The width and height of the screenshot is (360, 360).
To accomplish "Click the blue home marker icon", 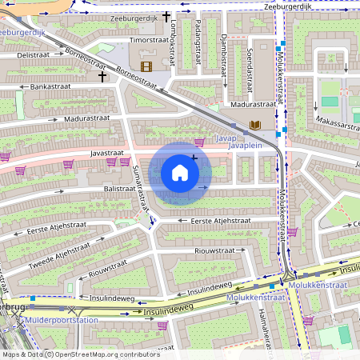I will pyautogui.click(x=180, y=173).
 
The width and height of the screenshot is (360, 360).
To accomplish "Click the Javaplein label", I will pyautogui.click(x=244, y=146).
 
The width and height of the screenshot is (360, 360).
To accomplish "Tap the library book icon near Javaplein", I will pyautogui.click(x=254, y=126).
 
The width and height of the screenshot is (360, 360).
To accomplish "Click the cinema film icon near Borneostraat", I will pyautogui.click(x=146, y=66).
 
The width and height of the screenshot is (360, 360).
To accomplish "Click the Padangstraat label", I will pyautogui.click(x=198, y=49).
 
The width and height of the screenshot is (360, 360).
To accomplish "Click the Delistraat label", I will pyautogui.click(x=33, y=54).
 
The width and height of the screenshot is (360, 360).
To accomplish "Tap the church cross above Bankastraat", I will pyautogui.click(x=102, y=77).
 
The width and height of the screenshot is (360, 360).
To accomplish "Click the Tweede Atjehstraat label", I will pyautogui.click(x=57, y=253).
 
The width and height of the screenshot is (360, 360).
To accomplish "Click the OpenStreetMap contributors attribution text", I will pyautogui.click(x=105, y=354).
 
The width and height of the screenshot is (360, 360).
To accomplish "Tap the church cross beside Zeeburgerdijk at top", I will pyautogui.click(x=166, y=16).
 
